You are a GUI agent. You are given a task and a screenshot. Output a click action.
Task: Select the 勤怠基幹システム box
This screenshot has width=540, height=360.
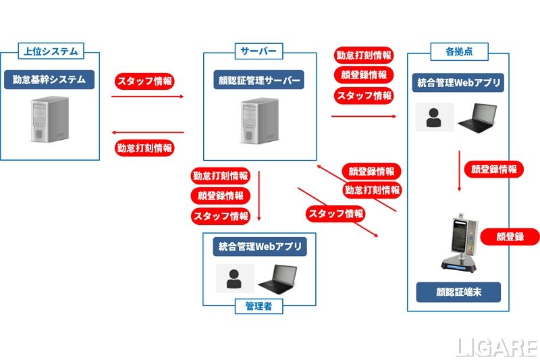point(49,80)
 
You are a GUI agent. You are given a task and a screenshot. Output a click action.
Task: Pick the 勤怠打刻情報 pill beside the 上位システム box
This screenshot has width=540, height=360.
point(144,148)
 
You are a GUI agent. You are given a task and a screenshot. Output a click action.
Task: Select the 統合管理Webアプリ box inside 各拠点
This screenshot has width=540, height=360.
point(459,83)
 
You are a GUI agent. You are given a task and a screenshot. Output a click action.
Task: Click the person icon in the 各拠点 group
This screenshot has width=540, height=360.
point(434,117)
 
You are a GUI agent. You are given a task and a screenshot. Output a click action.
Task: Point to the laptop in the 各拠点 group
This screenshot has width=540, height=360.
point(479,118)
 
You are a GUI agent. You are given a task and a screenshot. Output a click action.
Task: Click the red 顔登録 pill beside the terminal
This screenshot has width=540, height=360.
point(510,236)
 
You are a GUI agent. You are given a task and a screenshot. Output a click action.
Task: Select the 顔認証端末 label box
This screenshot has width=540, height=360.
point(458,292)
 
